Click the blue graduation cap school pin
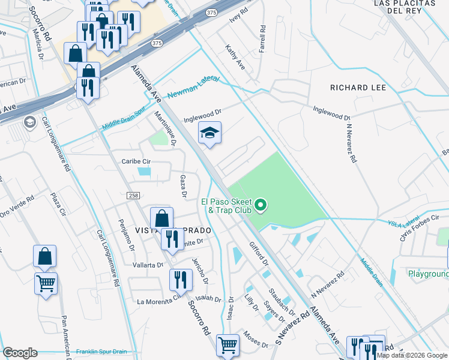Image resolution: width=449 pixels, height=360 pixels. (209, 133)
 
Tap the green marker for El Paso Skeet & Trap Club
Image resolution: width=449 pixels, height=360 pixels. (261, 206)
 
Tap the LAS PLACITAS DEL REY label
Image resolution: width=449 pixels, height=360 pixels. (403, 7)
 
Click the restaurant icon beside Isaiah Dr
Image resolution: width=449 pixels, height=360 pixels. (180, 279)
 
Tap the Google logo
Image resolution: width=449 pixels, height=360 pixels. (20, 353)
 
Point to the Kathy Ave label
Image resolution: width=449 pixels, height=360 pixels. (235, 56)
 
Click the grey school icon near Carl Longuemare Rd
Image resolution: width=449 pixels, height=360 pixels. (28, 122)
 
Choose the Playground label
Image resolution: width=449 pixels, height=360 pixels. (429, 274)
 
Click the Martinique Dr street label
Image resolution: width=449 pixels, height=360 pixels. (164, 128)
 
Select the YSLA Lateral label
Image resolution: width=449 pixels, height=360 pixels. (402, 223)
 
